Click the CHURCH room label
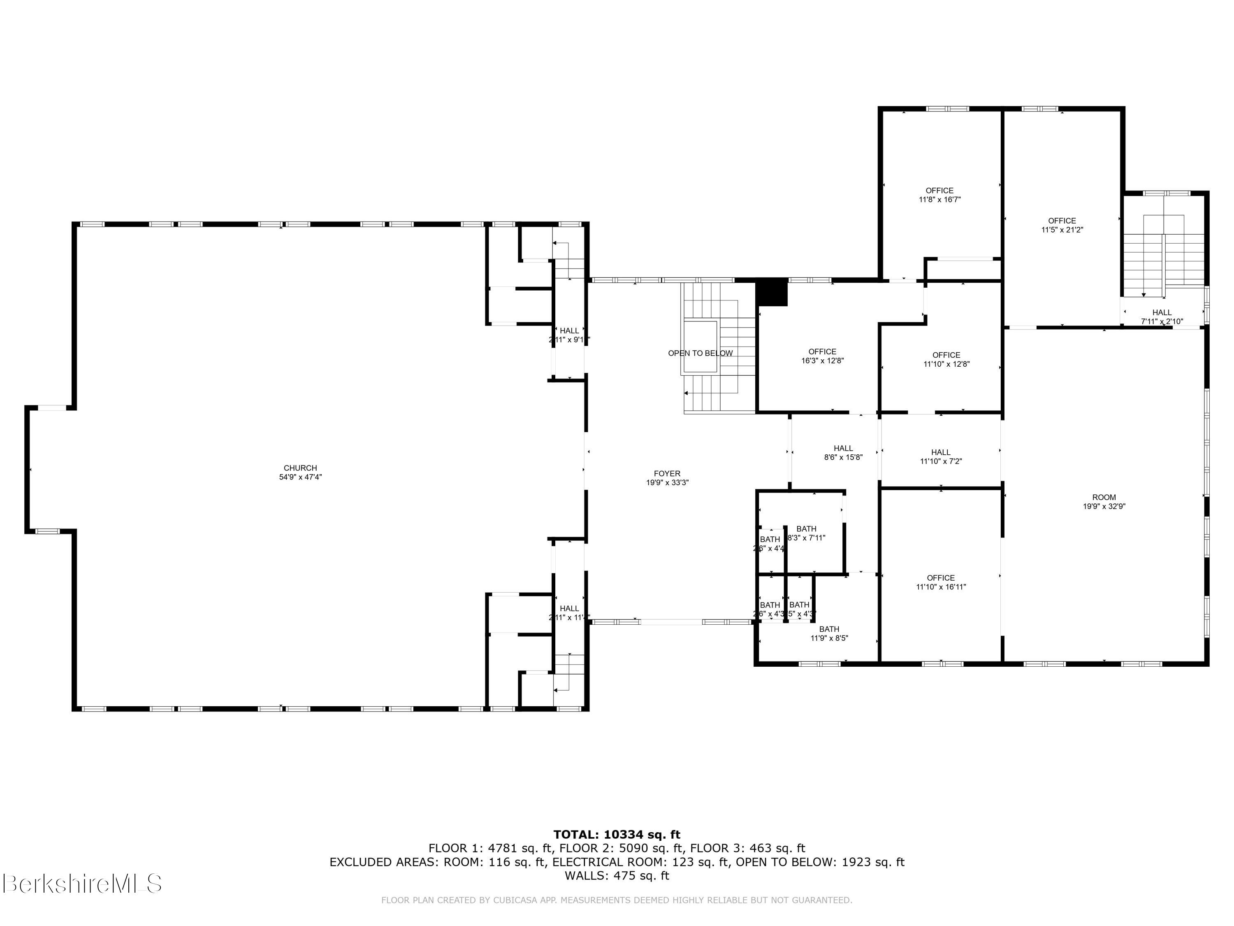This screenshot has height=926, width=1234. (x=300, y=468)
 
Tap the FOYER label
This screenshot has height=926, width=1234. (x=667, y=473)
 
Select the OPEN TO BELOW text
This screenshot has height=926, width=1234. (x=700, y=353)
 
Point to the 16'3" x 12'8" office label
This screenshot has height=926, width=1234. (x=822, y=361)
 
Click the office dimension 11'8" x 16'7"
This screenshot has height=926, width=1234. (x=939, y=199)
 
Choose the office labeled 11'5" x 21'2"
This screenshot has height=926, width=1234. (x=1062, y=225)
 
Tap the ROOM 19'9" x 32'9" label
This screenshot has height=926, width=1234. (x=1104, y=502)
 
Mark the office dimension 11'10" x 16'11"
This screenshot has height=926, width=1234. (x=941, y=586)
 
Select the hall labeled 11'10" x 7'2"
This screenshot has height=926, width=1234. (x=941, y=456)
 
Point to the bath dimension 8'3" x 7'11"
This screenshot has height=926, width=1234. (x=806, y=537)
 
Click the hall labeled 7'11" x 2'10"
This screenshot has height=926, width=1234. (x=1162, y=317)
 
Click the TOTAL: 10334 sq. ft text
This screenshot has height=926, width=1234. (x=617, y=835)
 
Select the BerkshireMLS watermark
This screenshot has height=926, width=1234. (x=82, y=884)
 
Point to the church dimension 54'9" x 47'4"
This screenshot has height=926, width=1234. (x=300, y=477)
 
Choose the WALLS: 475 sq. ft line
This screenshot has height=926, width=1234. (x=617, y=876)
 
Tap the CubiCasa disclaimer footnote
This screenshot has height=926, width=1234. (x=617, y=900)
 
